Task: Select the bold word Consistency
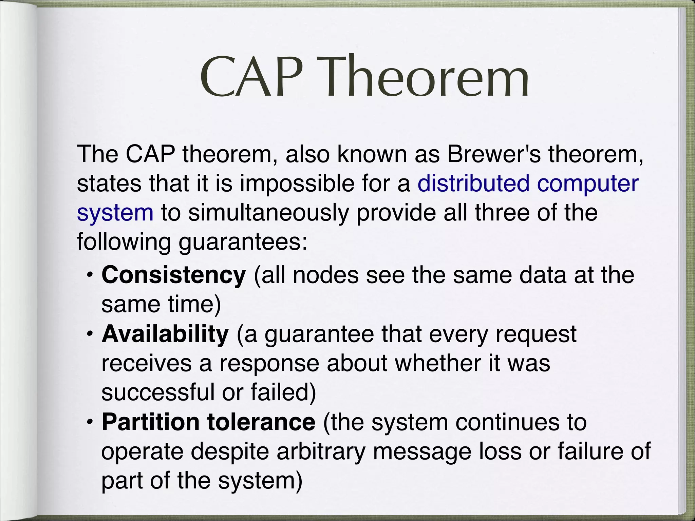[173, 275]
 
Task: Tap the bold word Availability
[165, 334]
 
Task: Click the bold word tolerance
[261, 422]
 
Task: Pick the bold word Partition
[150, 422]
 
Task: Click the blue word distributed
[473, 184]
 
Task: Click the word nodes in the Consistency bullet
[325, 275]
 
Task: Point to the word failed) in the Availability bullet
[283, 392]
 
